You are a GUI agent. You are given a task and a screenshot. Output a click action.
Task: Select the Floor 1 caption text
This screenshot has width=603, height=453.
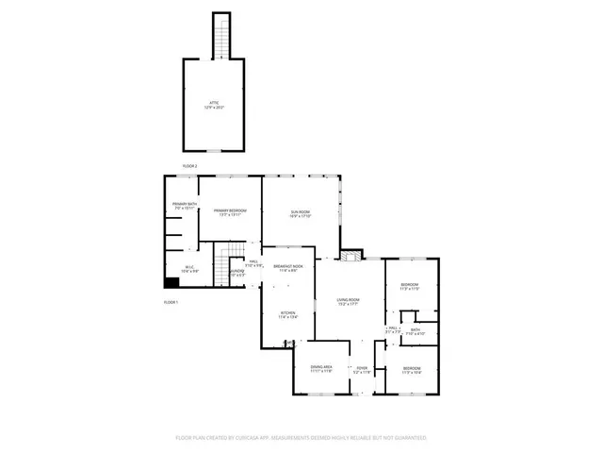click(x=171, y=302)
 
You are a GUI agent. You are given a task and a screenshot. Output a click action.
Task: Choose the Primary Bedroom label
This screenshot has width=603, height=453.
click(x=229, y=212)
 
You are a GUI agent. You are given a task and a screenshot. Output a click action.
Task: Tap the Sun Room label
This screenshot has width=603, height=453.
click(x=300, y=214)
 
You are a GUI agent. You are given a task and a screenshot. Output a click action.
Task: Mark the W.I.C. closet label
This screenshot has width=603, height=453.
click(x=188, y=269)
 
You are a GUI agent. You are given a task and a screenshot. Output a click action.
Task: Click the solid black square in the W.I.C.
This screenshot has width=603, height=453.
click(x=171, y=281)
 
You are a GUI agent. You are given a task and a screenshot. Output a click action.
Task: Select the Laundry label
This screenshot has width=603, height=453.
click(x=237, y=275)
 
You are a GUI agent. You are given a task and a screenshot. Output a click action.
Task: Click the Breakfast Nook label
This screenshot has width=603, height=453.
click(x=287, y=268)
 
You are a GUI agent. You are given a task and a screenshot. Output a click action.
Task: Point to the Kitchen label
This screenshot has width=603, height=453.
click(x=287, y=315)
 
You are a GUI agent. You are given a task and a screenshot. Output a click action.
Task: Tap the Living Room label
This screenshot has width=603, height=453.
click(x=349, y=302)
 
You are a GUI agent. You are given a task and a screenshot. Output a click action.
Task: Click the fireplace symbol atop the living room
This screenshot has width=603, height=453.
click(x=351, y=254)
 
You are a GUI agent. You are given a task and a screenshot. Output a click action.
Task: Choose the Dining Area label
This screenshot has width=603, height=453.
click(x=322, y=370)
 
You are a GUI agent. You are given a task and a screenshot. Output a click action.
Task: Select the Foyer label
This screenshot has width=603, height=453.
click(x=361, y=370)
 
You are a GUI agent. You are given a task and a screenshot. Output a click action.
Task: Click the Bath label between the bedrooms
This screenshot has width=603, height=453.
click(x=416, y=331)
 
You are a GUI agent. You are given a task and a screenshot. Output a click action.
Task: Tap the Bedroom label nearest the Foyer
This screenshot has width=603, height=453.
click(x=412, y=370)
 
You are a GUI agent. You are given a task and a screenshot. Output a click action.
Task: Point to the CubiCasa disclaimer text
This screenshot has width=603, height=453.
click(x=301, y=438)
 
